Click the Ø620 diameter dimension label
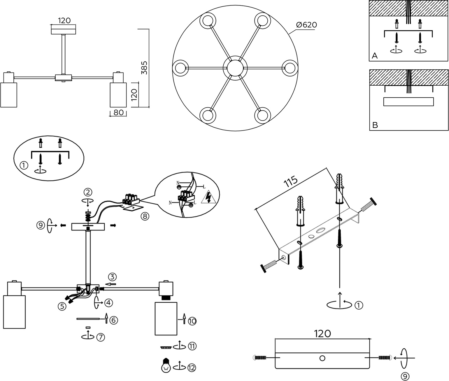tap(306, 25)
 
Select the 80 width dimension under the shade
tap(118, 112)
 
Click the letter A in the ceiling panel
tap(375, 56)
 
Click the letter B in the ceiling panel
tap(375, 126)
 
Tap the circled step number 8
tap(145, 216)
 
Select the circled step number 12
tap(192, 368)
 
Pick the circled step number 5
tap(62, 306)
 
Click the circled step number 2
tap(88, 192)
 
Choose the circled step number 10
tap(192, 321)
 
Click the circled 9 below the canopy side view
tap(405, 376)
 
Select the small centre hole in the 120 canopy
tap(322, 358)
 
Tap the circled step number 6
tap(114, 320)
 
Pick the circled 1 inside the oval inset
tap(24, 165)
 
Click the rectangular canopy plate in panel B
tap(408, 101)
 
